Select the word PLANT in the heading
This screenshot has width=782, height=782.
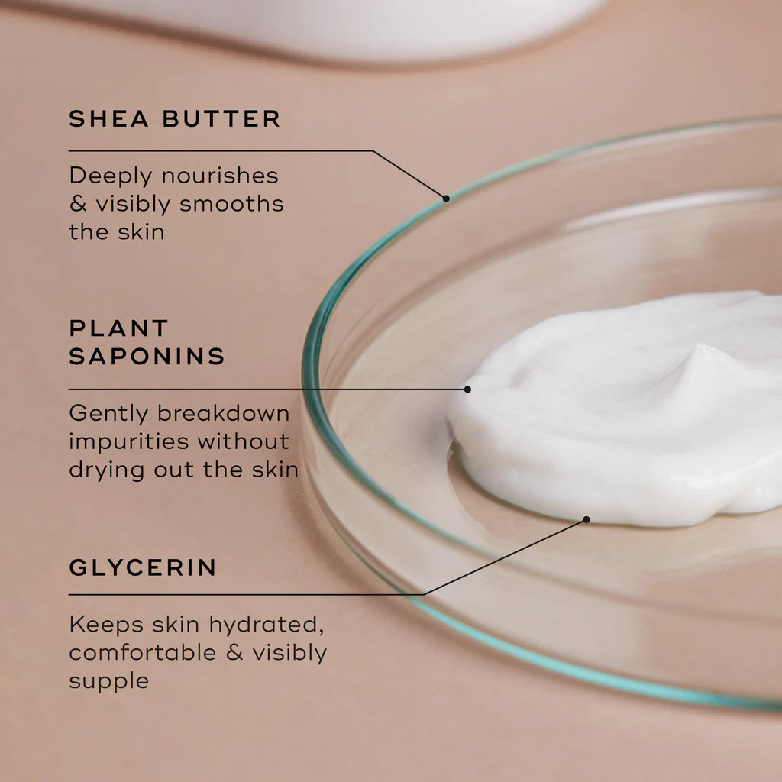118,328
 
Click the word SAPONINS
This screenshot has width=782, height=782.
147,356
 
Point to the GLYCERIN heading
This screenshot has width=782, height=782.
143,567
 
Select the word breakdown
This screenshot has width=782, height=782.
224,413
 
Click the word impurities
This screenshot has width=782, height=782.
129,441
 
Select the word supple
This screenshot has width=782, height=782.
108,681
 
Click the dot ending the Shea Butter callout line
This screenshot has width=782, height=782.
446,198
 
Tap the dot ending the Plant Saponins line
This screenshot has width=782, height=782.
467,389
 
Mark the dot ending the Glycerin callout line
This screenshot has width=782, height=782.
586,519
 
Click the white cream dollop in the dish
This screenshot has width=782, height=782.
626,412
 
